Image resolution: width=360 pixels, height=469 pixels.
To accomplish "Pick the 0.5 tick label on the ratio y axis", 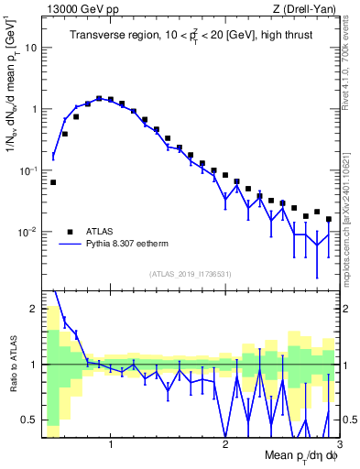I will [28, 420].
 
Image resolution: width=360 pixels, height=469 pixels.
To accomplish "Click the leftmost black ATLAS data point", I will [53, 182].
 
